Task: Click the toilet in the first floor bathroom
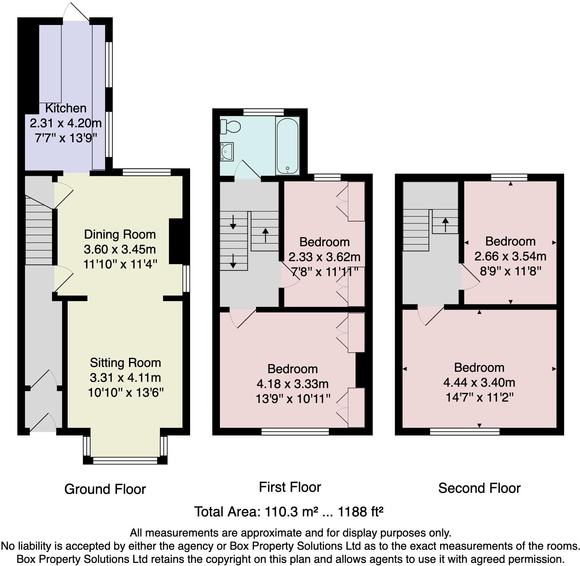tap(231, 126)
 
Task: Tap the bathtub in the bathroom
tap(287, 146)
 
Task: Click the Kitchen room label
tap(66, 108)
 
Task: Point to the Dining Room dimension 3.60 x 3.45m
tap(120, 249)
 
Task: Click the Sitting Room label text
tap(125, 363)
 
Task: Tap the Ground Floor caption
tap(105, 489)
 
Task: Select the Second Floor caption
tap(479, 488)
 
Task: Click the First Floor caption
tap(290, 487)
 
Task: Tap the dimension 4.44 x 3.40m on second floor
tap(479, 383)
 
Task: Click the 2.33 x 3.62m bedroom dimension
tap(324, 257)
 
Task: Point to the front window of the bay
tap(125, 460)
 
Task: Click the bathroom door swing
tap(247, 170)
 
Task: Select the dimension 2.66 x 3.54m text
tap(510, 256)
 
